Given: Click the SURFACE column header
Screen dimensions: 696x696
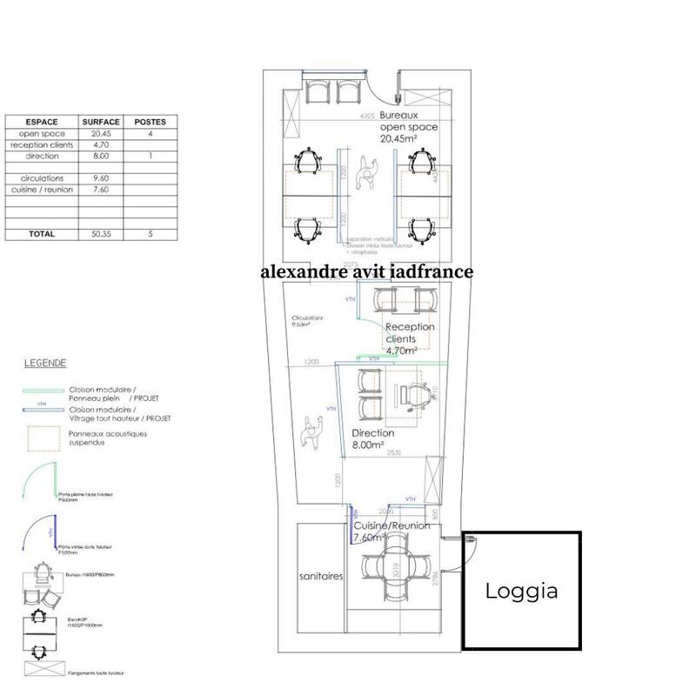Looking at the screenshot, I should point(101,122).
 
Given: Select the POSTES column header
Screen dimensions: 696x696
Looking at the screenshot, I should point(151,122).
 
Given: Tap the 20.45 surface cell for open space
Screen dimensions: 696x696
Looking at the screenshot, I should point(101,134).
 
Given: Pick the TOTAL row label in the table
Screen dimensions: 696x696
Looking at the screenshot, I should point(42,234).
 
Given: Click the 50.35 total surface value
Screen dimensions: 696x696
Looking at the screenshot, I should point(101,234).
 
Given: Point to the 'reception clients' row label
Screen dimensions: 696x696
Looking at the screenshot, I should point(42,145).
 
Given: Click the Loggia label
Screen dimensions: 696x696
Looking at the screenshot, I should point(521,592).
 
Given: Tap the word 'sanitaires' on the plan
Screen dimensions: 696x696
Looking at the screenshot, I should point(320,577).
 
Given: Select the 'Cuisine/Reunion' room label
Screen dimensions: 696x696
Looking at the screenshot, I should point(391,526).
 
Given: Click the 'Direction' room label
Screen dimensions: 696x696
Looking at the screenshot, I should point(372,432).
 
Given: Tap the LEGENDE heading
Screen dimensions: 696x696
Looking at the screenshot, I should point(44,363).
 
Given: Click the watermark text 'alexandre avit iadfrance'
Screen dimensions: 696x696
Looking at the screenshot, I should point(366,271).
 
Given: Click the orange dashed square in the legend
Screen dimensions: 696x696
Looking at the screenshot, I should point(43,437).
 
